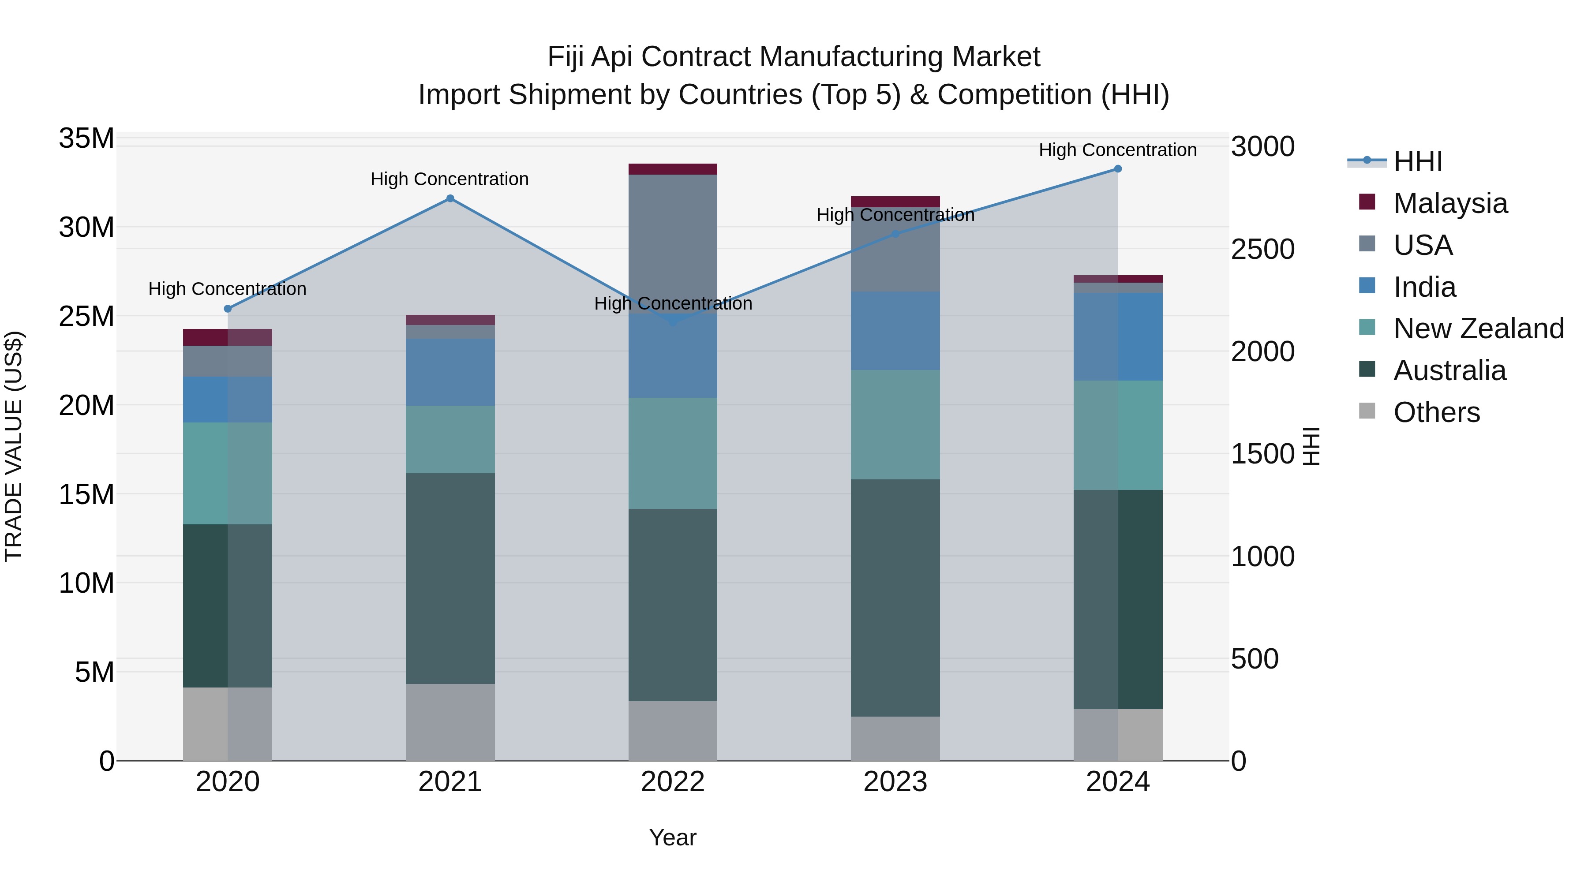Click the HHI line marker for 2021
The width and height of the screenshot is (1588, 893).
(450, 198)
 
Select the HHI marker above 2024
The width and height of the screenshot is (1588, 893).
(1118, 169)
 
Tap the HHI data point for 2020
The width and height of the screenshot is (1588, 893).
(228, 309)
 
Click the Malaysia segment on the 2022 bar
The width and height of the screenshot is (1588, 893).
(673, 169)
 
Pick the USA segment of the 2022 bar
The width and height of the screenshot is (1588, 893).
(673, 243)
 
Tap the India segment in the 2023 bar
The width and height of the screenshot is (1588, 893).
(895, 330)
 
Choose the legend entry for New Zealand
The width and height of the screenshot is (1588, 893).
(1478, 329)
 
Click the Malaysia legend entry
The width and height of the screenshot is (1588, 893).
(1450, 203)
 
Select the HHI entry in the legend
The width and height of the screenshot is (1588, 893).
(1417, 161)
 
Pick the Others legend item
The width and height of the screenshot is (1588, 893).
(1436, 412)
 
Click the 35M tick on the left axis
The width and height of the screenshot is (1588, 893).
(86, 138)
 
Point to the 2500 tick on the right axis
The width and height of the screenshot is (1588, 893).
(1262, 250)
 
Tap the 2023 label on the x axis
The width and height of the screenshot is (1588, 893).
(895, 782)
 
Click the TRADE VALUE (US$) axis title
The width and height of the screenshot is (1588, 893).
(14, 446)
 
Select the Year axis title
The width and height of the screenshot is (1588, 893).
(673, 837)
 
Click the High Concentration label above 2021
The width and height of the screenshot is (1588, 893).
(450, 179)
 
